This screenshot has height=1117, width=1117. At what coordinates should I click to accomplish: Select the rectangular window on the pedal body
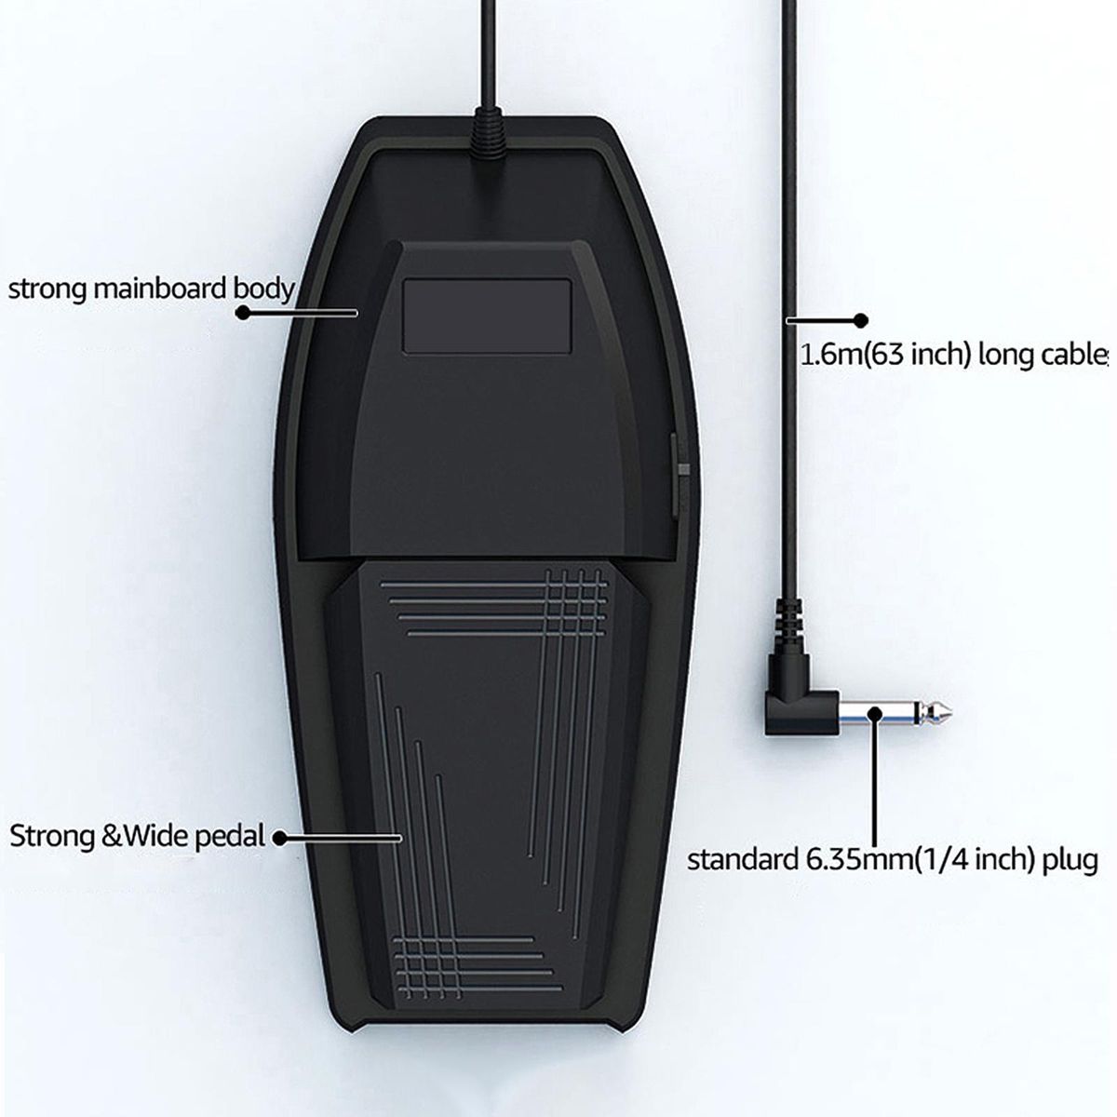coord(487,315)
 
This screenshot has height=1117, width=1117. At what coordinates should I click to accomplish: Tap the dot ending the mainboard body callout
coord(244,314)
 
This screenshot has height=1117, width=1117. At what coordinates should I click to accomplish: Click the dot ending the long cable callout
coord(861,320)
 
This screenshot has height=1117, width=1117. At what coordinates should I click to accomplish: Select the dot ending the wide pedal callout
coord(278,838)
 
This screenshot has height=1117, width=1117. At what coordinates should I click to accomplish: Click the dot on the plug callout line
coord(875,715)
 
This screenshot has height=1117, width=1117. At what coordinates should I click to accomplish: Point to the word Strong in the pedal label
coord(52,835)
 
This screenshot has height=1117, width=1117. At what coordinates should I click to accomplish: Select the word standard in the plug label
coord(741,858)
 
